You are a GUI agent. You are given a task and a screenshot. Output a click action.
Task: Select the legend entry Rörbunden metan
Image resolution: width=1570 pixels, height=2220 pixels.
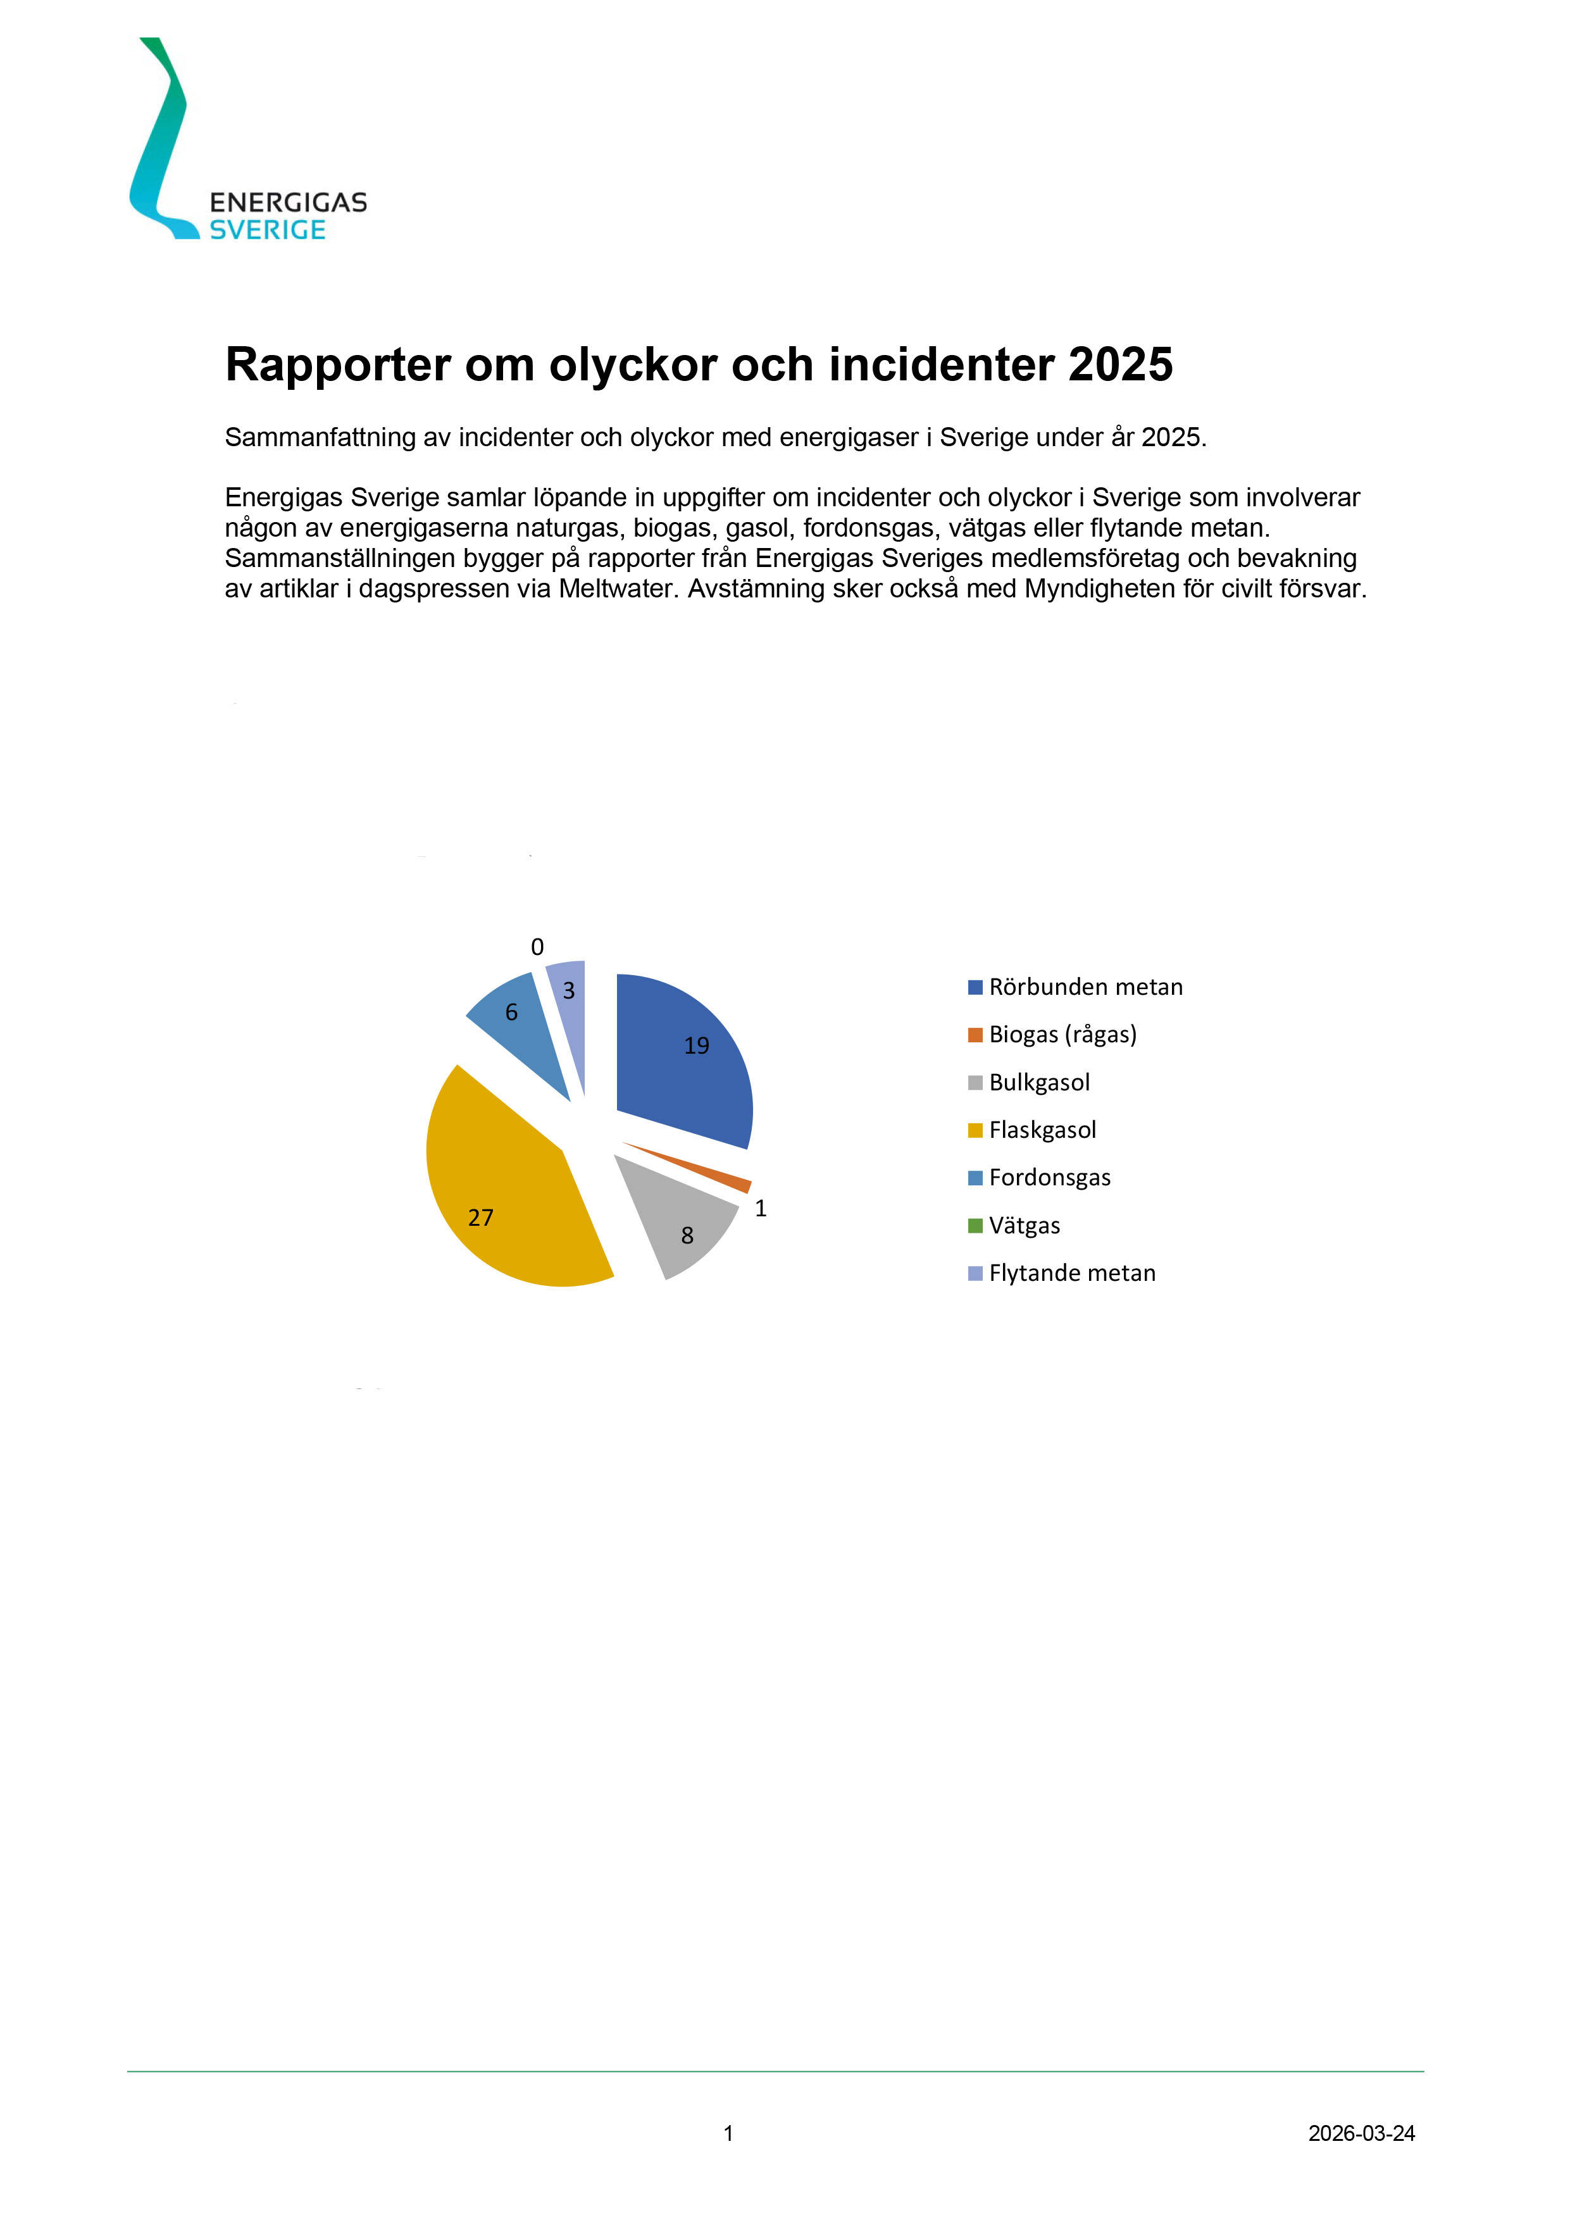[x=1085, y=987]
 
